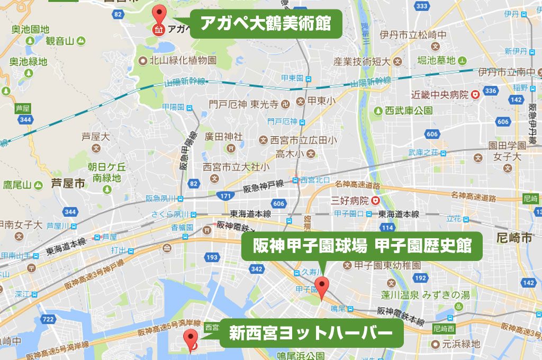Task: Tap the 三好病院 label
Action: pyautogui.click(x=349, y=201)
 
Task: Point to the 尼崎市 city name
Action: pyautogui.click(x=515, y=238)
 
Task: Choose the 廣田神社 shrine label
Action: pyautogui.click(x=224, y=137)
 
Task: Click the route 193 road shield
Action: pyautogui.click(x=212, y=257)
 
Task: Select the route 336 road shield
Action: pyautogui.click(x=490, y=91)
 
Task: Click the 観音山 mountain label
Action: pyautogui.click(x=60, y=40)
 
